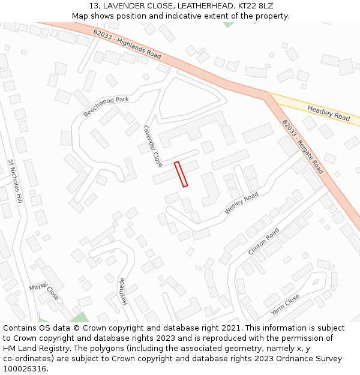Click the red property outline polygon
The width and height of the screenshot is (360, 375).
pyautogui.click(x=181, y=174)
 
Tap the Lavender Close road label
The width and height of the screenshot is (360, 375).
pyautogui.click(x=153, y=146)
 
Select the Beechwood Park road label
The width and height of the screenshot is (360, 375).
pyautogui.click(x=106, y=107)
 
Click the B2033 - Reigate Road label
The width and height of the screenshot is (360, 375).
pyautogui.click(x=303, y=146)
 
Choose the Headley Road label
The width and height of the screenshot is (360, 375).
pyautogui.click(x=328, y=113)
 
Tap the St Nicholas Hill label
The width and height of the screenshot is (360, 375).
pyautogui.click(x=15, y=181)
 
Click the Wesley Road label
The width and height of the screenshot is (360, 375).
pyautogui.click(x=241, y=203)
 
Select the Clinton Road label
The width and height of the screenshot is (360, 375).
pyautogui.click(x=264, y=241)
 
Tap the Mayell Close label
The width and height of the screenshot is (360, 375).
pyautogui.click(x=44, y=291)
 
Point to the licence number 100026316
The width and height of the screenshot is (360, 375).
pyautogui.click(x=25, y=369)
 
